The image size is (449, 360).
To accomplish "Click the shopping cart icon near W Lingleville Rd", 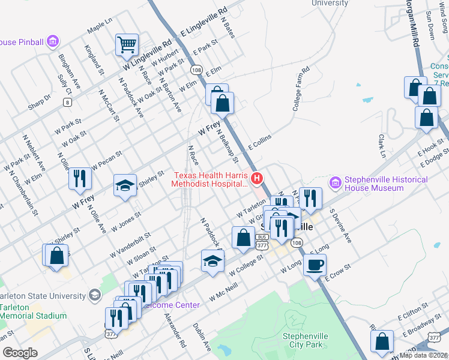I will [127, 44].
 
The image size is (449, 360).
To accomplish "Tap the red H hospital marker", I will [257, 178].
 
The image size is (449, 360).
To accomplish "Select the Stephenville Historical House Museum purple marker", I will [335, 181].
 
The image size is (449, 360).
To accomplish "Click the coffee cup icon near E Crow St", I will [315, 264].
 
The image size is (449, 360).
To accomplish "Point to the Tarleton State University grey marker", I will [94, 295].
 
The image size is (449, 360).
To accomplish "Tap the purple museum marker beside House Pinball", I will [53, 41].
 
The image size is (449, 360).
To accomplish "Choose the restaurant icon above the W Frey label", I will [79, 178].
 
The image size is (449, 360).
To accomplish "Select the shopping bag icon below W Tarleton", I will [243, 237].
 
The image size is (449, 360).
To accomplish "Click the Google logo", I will [20, 353].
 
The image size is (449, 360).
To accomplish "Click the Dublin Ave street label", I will [202, 337].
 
